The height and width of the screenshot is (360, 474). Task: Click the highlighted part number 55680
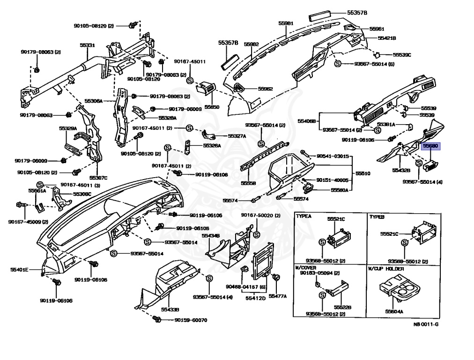pos(430,146)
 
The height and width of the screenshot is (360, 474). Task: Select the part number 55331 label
pos(87,45)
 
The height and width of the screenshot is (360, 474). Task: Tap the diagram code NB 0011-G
pos(426,324)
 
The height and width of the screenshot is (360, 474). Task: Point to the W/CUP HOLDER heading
pos(385,269)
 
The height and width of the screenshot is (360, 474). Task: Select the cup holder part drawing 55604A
pos(396,291)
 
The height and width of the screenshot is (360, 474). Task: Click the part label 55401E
pos(20,270)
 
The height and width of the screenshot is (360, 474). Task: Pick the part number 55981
pos(286,23)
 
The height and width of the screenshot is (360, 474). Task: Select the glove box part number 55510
pos(363,173)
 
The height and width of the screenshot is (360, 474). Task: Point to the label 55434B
pos(211,235)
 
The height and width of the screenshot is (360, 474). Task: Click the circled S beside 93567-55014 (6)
pos(337,63)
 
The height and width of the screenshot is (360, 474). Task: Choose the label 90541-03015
pos(333,156)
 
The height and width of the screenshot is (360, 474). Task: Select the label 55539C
pos(401,55)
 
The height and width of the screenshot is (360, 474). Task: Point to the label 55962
pos(265,89)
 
